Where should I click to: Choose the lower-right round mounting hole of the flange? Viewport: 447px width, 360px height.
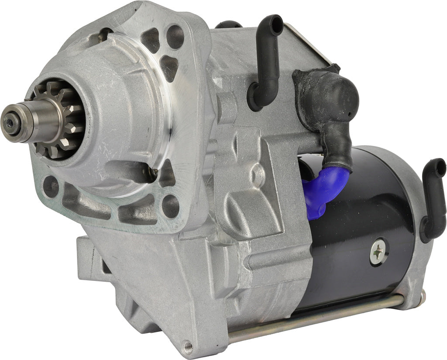[171, 205]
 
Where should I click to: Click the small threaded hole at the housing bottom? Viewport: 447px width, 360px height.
[188, 345]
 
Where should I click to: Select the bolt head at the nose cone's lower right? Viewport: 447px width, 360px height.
[152, 173]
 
